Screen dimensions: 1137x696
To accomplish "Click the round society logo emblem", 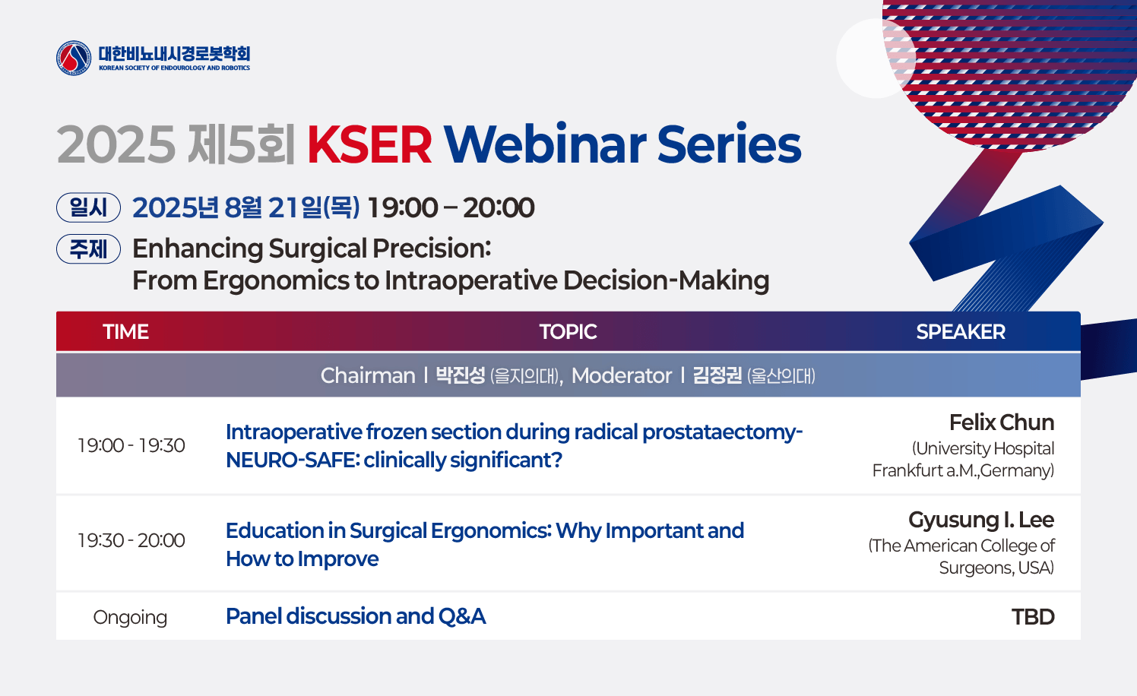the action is coord(74,59).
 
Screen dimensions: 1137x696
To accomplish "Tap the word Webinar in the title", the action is coord(545,144).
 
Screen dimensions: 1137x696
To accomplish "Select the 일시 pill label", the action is coord(88,207).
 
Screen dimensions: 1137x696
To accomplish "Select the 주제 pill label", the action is coord(88,249).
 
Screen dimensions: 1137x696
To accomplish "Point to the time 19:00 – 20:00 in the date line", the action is coord(451,207).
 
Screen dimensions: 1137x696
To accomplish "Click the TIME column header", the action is coord(126,332).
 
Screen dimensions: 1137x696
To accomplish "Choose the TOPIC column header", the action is coord(568,332).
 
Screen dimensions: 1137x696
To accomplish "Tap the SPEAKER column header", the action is coord(961,332).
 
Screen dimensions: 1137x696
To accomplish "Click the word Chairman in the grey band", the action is coord(368,376).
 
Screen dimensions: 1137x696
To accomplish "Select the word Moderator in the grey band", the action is coord(621,376).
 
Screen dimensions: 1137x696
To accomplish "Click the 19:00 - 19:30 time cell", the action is coord(131,445).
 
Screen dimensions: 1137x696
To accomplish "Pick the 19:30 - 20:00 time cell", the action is coord(131,540).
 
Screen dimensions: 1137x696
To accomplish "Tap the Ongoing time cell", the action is coord(130,618).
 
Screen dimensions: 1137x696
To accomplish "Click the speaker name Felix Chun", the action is coord(1002,422).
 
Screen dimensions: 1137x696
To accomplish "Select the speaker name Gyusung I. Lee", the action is coord(981,520).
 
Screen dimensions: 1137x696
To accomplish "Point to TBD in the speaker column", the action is coord(1033,618).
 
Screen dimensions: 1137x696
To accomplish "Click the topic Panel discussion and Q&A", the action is coord(356,616).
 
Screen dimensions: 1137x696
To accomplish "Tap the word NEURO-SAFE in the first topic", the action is coord(293,460).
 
